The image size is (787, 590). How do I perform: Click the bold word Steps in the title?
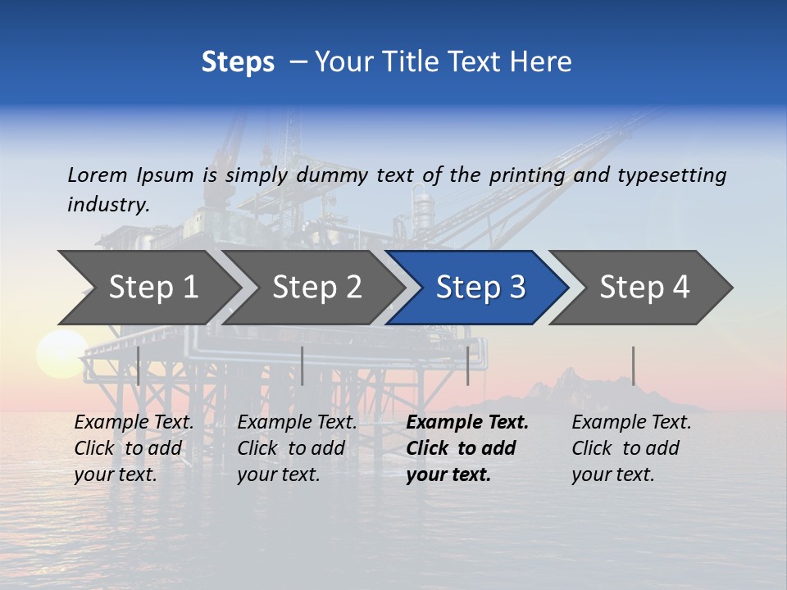tap(238, 62)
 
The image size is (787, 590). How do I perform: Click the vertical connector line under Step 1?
tap(139, 365)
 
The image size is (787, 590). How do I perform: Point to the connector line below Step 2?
tap(303, 365)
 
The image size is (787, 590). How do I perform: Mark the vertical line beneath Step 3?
tap(468, 365)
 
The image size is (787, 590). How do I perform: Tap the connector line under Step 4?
tap(633, 365)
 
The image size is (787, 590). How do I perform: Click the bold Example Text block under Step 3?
tap(467, 448)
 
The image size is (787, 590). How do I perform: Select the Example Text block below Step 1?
tap(134, 448)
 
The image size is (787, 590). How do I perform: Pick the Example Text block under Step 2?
tap(297, 448)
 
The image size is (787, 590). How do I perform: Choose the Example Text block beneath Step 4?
tap(631, 448)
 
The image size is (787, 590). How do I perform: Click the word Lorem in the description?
tap(98, 175)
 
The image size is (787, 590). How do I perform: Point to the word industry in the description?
tap(108, 204)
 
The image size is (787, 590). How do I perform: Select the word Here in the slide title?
tap(540, 62)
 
